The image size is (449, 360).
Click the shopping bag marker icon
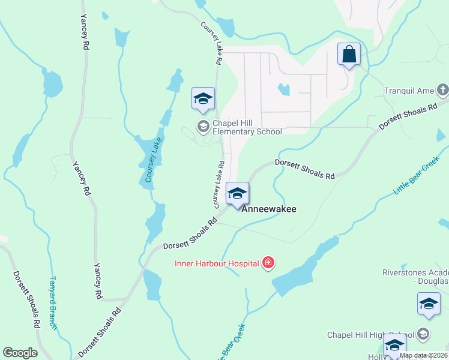click(x=349, y=55)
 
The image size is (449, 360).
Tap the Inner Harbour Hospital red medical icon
click(x=268, y=263)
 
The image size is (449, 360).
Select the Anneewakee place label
click(x=268, y=209)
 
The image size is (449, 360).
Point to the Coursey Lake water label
click(x=154, y=160)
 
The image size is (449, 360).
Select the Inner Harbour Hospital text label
click(x=216, y=263)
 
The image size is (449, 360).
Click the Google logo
click(x=20, y=353)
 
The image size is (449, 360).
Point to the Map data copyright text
click(x=424, y=355)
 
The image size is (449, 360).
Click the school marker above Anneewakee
click(x=237, y=194)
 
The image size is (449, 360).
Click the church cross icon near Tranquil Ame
click(x=443, y=91)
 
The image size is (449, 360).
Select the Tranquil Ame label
click(x=409, y=91)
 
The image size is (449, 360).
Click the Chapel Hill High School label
click(x=370, y=335)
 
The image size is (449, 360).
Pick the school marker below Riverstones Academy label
click(x=429, y=304)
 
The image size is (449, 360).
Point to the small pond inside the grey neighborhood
click(x=283, y=90)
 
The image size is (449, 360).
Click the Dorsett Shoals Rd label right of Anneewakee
click(x=304, y=169)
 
